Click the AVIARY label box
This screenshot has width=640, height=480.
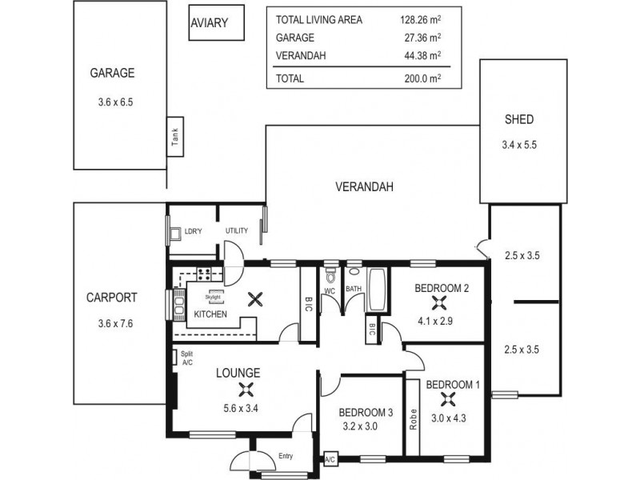tap(210, 24)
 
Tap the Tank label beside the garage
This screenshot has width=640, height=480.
tap(174, 138)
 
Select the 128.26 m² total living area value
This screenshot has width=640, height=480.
tap(420, 20)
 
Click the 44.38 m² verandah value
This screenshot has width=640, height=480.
tap(420, 55)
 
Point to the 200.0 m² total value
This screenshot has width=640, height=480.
tap(421, 78)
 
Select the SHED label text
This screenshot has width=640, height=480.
tap(518, 120)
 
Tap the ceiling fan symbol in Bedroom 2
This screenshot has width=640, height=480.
tap(438, 302)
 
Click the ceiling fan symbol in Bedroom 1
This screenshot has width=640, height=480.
tap(451, 406)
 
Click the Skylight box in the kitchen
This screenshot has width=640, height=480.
tap(215, 296)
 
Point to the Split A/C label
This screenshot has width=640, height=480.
tap(187, 358)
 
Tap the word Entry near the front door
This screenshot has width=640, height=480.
tap(286, 457)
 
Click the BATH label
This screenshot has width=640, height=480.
tap(353, 290)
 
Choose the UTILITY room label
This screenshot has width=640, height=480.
tap(237, 231)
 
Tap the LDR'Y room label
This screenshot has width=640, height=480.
tap(192, 231)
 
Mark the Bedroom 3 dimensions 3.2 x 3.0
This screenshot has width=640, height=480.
tap(366, 426)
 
